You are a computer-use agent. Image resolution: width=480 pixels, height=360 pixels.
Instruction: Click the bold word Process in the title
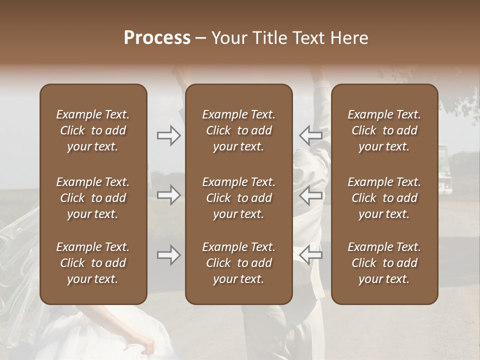click(157, 38)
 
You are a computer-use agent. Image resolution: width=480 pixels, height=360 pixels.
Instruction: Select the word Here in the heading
click(349, 38)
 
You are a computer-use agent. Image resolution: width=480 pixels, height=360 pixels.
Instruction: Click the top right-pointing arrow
click(168, 135)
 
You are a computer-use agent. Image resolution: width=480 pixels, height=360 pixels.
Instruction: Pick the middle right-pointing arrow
click(168, 195)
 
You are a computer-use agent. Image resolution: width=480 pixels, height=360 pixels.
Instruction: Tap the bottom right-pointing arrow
click(168, 255)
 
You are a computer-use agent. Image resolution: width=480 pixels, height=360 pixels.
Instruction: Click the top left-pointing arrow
click(310, 135)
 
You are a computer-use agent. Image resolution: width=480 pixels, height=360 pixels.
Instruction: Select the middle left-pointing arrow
click(310, 195)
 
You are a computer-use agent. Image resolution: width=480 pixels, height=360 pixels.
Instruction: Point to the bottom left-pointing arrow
click(310, 255)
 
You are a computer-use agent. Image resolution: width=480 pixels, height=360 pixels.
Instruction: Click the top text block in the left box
click(93, 130)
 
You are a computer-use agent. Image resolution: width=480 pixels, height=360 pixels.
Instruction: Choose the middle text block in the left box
click(93, 198)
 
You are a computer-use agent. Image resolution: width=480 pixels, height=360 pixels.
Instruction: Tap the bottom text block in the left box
click(93, 263)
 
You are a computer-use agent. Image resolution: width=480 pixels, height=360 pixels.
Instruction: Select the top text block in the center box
click(239, 130)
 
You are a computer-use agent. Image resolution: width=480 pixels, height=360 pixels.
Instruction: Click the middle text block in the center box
click(239, 198)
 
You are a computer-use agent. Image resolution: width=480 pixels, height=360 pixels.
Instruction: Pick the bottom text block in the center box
click(239, 263)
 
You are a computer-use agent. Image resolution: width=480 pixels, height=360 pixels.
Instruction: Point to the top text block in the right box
click(384, 130)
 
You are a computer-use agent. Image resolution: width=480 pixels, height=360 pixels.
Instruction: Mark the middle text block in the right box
click(384, 198)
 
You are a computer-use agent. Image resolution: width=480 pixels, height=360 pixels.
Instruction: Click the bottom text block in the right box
click(384, 263)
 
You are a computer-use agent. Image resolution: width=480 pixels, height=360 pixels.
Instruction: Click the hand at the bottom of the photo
click(144, 345)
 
